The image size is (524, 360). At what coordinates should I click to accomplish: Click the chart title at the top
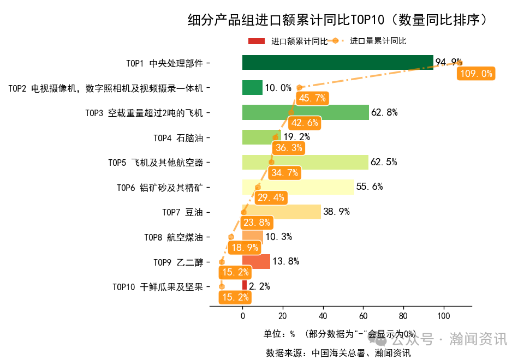337,20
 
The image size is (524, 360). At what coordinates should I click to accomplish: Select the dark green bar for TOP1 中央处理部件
337,63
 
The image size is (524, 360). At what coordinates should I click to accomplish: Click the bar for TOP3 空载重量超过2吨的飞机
305,112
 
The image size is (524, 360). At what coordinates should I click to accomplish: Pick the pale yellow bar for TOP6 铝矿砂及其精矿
298,187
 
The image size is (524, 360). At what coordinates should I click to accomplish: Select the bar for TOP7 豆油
281,212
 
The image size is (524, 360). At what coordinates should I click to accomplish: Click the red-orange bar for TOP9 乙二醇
256,261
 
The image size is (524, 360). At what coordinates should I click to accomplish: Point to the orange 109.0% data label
476,74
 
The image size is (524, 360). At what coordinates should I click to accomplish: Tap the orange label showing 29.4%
271,197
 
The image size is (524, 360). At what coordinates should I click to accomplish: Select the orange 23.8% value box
257,223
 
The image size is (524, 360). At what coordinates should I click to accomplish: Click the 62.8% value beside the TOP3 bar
384,113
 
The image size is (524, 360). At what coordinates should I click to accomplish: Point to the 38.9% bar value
336,212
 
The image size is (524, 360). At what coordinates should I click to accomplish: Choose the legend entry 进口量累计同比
378,41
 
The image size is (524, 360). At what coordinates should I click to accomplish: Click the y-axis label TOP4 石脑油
178,138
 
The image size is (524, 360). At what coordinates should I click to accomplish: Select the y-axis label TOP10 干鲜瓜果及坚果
158,286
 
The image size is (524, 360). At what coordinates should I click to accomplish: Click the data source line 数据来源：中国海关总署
338,352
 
